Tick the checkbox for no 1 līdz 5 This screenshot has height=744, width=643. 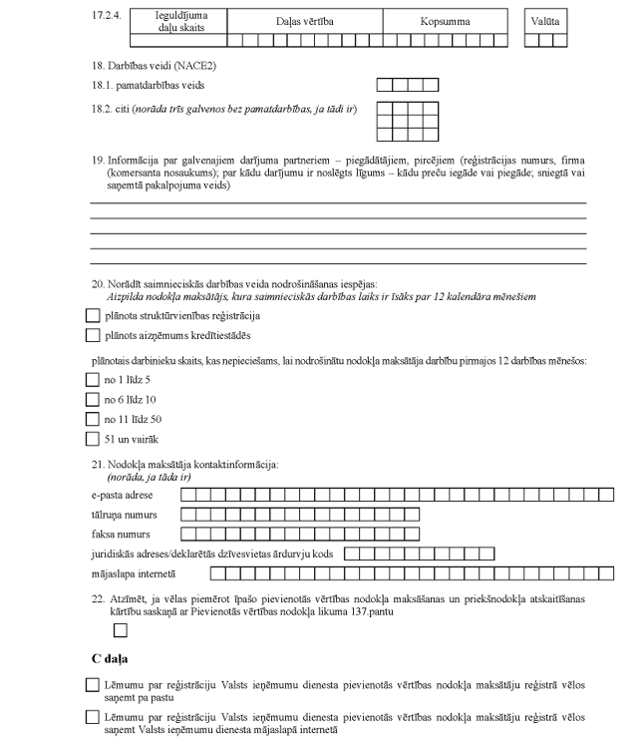coord(94,380)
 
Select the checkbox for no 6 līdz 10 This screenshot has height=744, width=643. coord(94,400)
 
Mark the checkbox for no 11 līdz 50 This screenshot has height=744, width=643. coord(94,419)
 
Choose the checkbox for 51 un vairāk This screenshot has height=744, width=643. coord(94,439)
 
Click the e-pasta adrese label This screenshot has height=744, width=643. coord(120,495)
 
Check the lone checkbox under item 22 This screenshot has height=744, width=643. coord(121,629)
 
